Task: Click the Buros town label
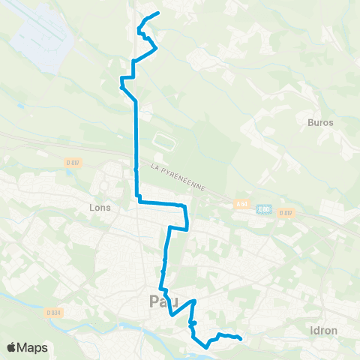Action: [320, 121]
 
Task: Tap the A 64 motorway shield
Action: [241, 203]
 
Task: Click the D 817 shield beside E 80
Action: [284, 212]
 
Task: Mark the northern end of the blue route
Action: [159, 13]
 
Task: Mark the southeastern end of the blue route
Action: [240, 339]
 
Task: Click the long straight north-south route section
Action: [136, 142]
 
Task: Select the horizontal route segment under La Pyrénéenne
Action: [159, 202]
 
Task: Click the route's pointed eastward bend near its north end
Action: [156, 49]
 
